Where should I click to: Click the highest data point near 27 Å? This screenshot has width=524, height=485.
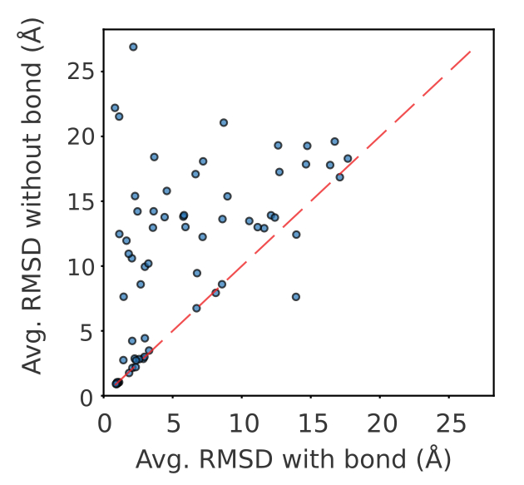133,47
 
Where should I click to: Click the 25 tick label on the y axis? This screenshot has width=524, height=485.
82,71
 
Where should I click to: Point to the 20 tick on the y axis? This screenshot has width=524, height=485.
82,136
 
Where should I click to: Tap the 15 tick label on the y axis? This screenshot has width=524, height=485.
82,201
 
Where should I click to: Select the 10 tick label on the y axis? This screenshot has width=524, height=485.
82,266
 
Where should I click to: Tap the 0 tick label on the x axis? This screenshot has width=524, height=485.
104,422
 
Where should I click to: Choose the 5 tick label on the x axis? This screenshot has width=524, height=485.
173,422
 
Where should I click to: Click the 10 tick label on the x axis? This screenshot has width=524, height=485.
242,422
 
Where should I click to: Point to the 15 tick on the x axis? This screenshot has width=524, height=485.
311,422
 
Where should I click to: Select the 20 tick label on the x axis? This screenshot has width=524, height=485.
380,422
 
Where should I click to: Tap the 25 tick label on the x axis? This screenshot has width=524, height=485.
449,422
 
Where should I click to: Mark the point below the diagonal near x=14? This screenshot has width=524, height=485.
295,297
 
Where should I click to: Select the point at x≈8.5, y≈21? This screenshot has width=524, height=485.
224,122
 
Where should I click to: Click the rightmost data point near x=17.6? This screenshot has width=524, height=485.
348,158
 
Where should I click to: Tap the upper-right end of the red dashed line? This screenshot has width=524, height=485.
471,51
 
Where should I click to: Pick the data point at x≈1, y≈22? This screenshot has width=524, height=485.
115,108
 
